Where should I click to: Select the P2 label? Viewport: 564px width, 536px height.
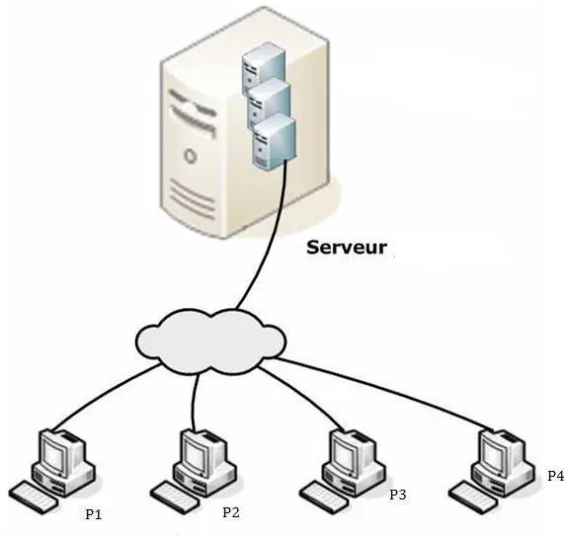(231, 512)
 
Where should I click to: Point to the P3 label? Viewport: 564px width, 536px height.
(397, 494)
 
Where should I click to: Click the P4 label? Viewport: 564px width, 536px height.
(555, 476)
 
